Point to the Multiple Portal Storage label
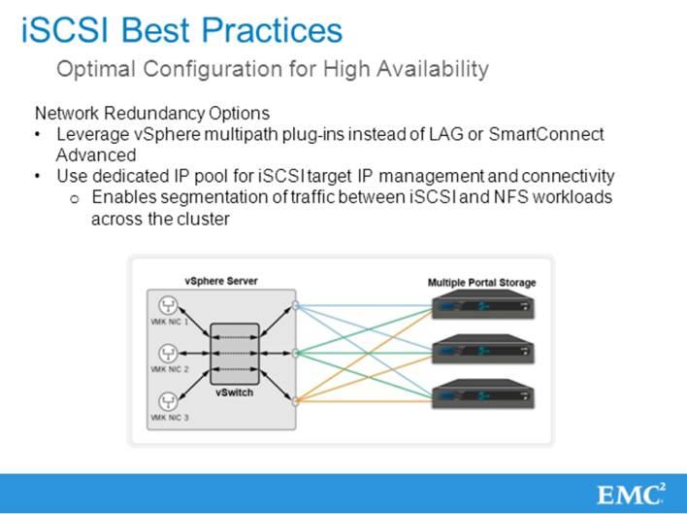pos(481,283)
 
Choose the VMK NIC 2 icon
pos(168,352)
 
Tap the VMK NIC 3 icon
pos(168,399)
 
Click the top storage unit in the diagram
pos(480,307)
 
